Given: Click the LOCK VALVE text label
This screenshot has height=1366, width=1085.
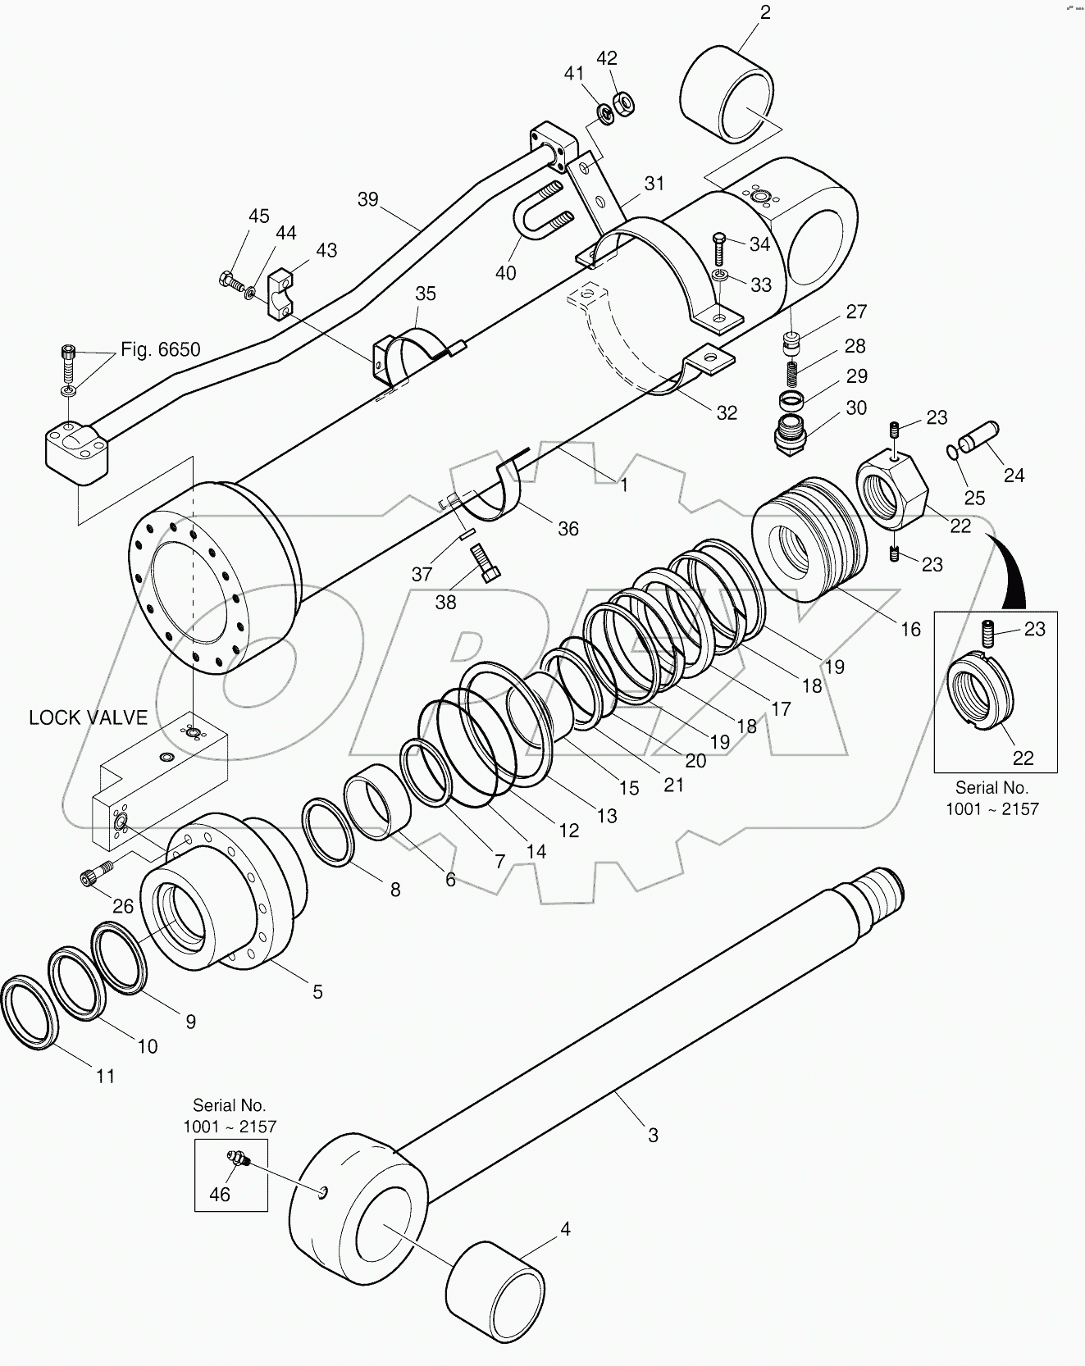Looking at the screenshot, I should point(88,717).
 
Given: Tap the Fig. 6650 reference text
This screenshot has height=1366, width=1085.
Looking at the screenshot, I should point(160,349).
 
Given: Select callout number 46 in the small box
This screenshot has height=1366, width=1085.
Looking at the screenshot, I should point(219,1194).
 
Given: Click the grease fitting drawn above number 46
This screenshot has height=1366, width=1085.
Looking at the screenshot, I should point(238,1159).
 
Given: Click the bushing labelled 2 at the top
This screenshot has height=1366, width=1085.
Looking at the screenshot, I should point(727,96).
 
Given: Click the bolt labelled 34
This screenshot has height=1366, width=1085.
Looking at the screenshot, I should point(718,246).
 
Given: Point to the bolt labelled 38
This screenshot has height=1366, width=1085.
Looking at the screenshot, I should point(486,564).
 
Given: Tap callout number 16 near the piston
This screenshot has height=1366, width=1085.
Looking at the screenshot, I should point(910,629).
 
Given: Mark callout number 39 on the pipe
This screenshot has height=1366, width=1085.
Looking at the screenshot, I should point(368,199).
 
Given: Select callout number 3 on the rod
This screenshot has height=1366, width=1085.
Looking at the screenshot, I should point(653,1136).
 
